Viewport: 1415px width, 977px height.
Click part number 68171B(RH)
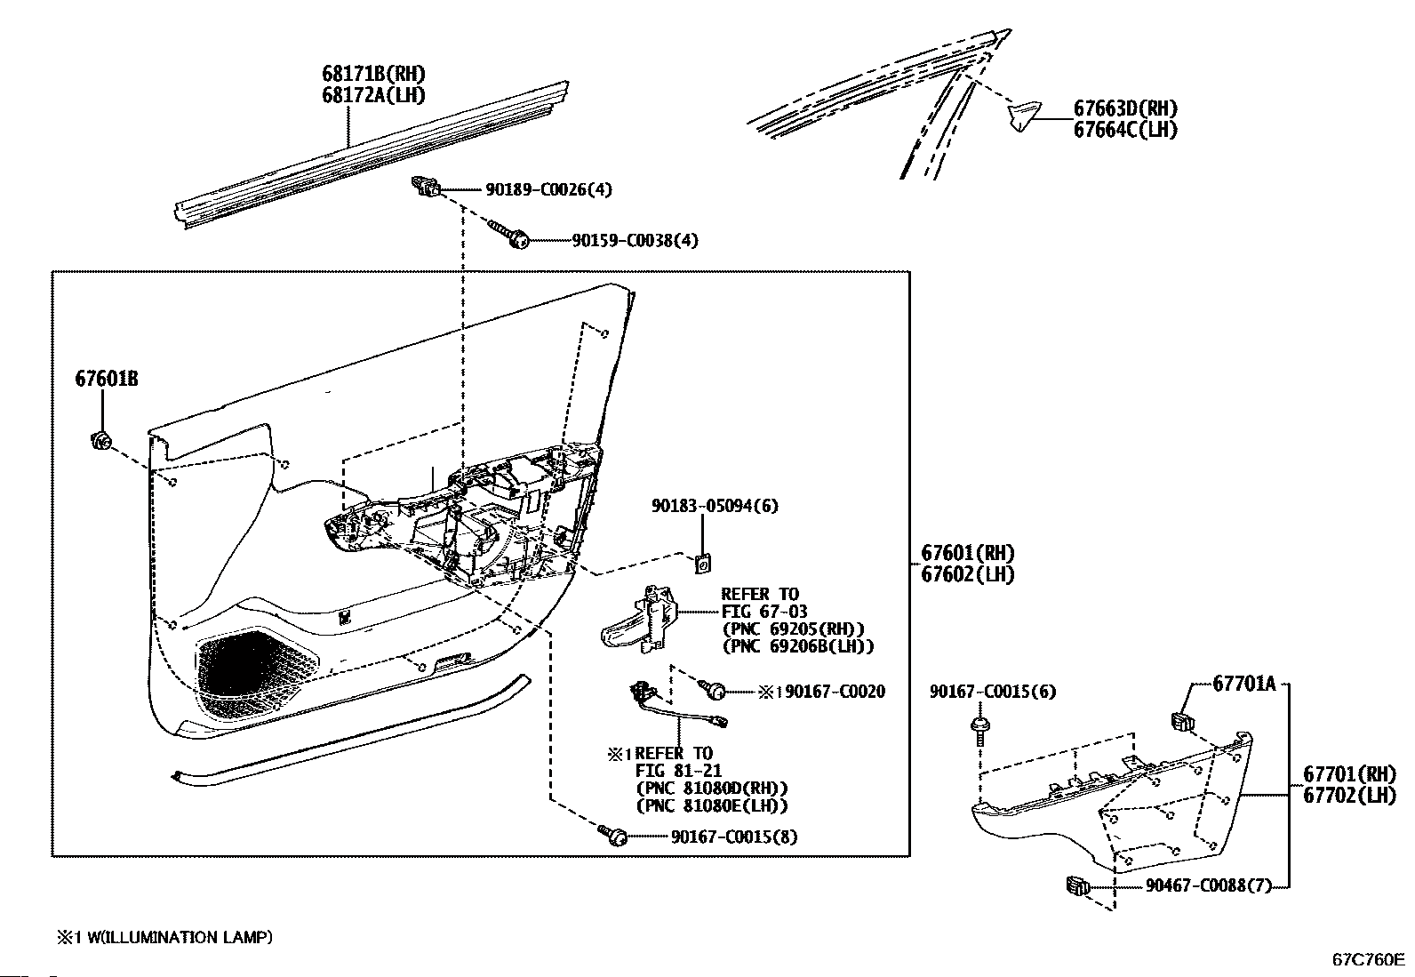click(x=372, y=75)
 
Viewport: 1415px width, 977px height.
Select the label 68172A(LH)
click(x=372, y=95)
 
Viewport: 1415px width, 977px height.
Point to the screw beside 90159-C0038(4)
click(x=514, y=236)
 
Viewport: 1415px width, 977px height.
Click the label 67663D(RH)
click(x=1125, y=108)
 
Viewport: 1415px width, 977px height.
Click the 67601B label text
click(x=106, y=380)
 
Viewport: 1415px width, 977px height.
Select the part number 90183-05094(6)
click(x=714, y=506)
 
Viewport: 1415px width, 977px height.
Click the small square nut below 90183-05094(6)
click(x=703, y=563)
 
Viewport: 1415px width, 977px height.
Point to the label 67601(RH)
click(x=967, y=554)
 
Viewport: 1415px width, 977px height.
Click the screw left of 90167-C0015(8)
click(x=614, y=835)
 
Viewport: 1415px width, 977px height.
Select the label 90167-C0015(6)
click(x=993, y=692)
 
